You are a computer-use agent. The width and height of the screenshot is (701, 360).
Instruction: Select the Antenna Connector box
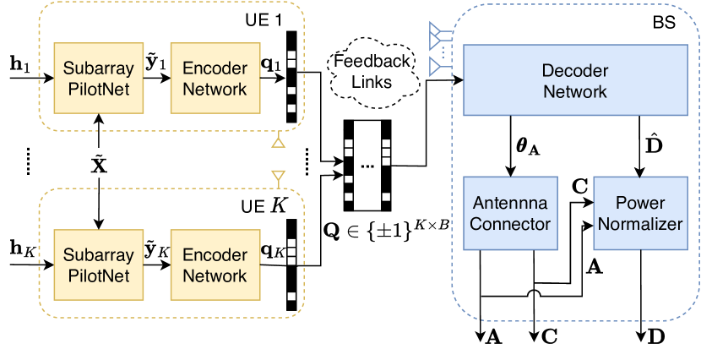pyautogui.click(x=510, y=214)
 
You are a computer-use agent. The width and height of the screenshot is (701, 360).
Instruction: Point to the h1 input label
pyautogui.click(x=19, y=65)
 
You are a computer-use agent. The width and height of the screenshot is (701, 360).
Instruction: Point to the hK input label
pyautogui.click(x=20, y=251)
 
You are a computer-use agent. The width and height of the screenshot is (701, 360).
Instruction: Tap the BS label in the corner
pyautogui.click(x=664, y=24)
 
